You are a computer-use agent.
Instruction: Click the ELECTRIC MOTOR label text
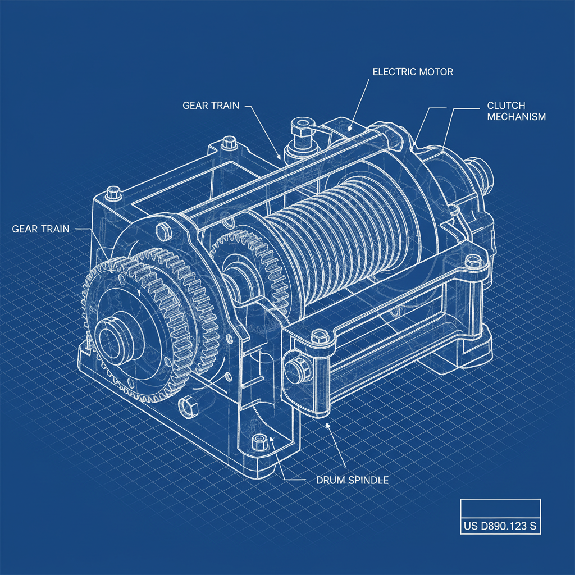tap(413, 72)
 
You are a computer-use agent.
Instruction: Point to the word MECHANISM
tap(516, 117)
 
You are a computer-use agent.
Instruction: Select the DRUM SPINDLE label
tap(345, 481)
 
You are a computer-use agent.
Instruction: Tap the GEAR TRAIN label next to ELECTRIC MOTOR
tap(211, 105)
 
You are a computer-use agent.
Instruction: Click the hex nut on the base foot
tap(259, 441)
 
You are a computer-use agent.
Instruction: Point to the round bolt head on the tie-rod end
tap(293, 368)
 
